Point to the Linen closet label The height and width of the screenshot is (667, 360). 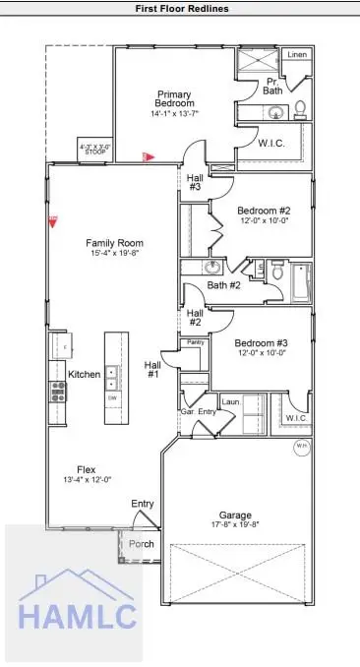point(298,55)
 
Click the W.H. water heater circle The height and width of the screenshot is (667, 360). point(302,447)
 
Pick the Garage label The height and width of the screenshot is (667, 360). point(236,515)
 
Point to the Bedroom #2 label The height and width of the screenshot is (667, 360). point(264,210)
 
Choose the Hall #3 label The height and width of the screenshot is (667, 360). point(195,182)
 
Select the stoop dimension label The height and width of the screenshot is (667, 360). point(94,151)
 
